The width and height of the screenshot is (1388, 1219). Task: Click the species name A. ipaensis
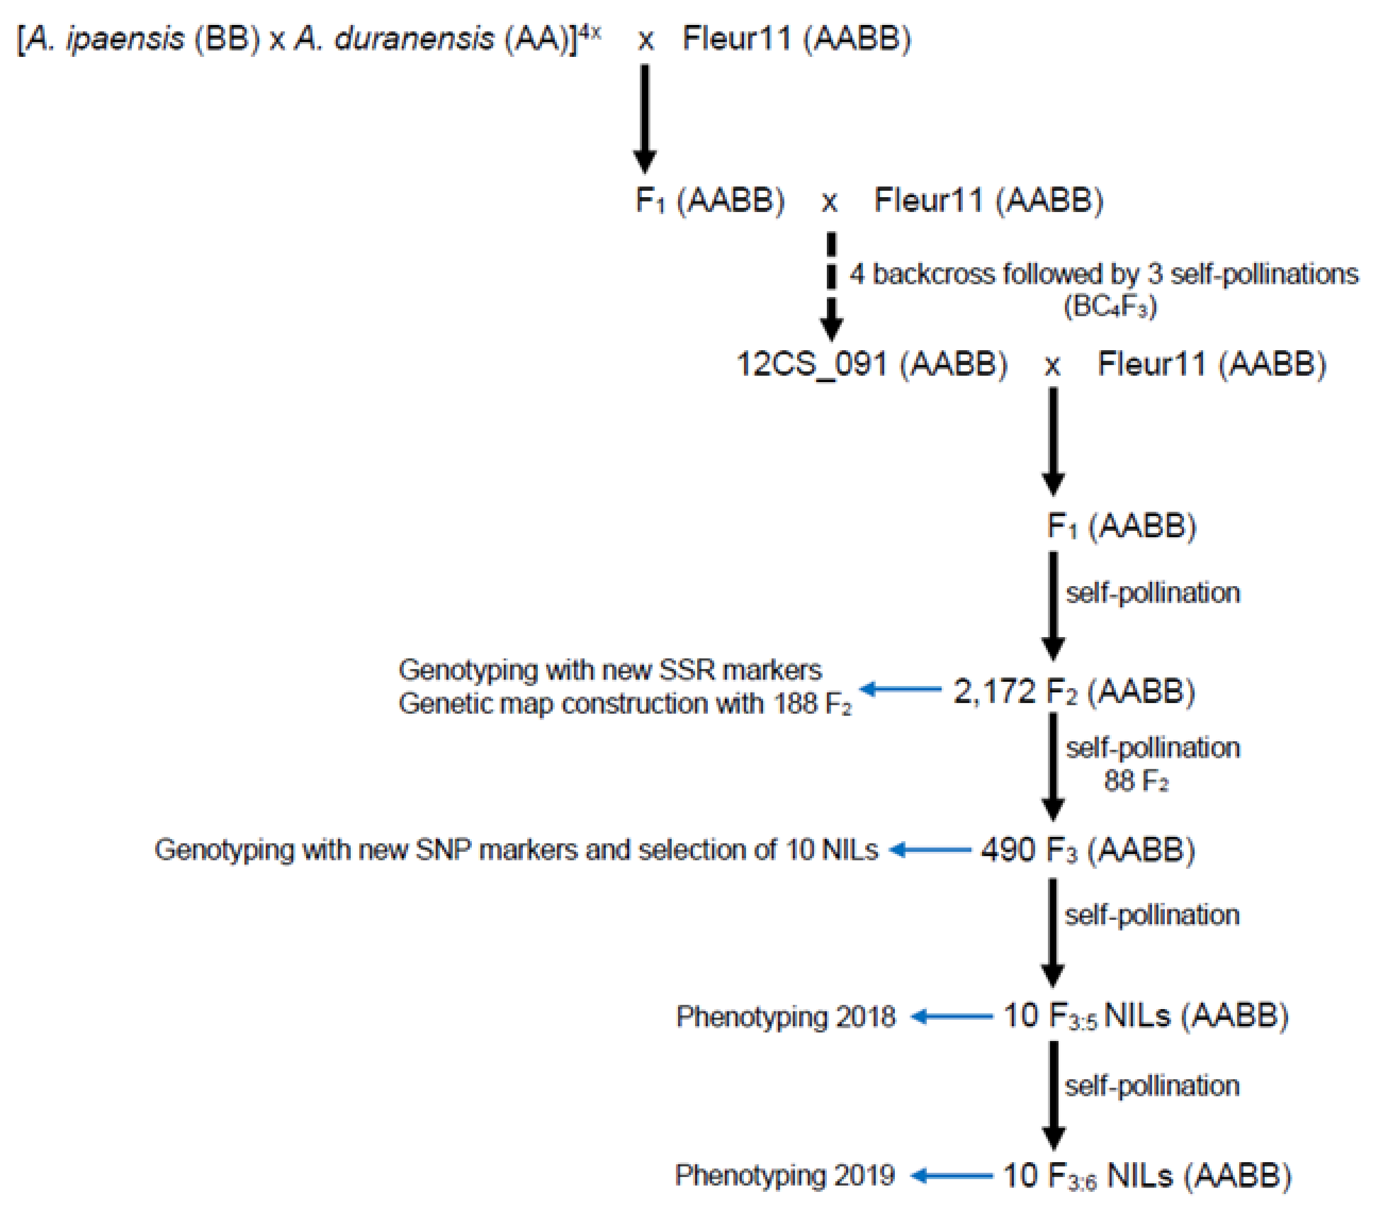pyautogui.click(x=106, y=39)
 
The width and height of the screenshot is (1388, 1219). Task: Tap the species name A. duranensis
pyautogui.click(x=394, y=39)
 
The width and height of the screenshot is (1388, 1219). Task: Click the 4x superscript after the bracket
pyautogui.click(x=589, y=31)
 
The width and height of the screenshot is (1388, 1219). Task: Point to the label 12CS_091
pyautogui.click(x=811, y=364)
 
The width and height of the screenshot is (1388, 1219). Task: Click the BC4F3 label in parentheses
pyautogui.click(x=1110, y=306)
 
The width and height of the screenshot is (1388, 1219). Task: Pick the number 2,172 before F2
pyautogui.click(x=994, y=691)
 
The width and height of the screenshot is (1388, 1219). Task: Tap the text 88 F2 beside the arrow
pyautogui.click(x=1136, y=780)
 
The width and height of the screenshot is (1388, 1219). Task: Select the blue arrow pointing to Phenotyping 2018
pyautogui.click(x=951, y=1017)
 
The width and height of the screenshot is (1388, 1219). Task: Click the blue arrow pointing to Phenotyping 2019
pyautogui.click(x=951, y=1175)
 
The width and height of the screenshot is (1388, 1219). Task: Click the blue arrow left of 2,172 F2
pyautogui.click(x=900, y=689)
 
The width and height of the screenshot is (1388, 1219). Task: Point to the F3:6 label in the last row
pyautogui.click(x=1072, y=1177)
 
